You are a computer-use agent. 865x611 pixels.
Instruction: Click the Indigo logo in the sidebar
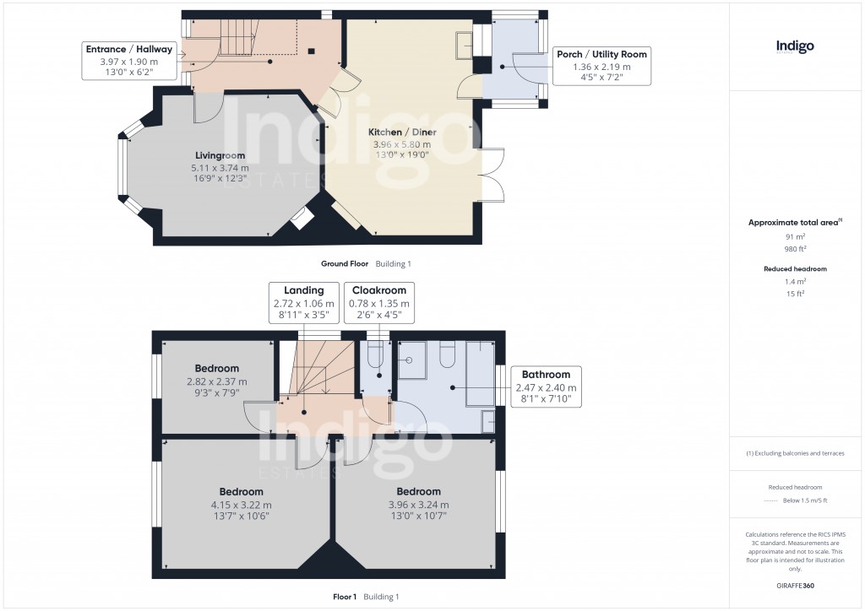pyautogui.click(x=795, y=47)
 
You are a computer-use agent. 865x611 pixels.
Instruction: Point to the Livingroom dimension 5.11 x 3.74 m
pyautogui.click(x=220, y=169)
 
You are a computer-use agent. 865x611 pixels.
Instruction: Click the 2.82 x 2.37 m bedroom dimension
pyautogui.click(x=216, y=381)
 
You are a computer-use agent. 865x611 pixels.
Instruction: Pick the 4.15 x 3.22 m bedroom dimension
pyautogui.click(x=241, y=505)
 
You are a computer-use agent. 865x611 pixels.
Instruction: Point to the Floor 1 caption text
pyautogui.click(x=345, y=597)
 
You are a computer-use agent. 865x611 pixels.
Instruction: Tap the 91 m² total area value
pyautogui.click(x=794, y=237)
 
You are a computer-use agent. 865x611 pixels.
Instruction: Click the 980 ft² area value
pyautogui.click(x=794, y=249)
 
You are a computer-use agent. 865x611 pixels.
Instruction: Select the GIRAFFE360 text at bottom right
pyautogui.click(x=795, y=585)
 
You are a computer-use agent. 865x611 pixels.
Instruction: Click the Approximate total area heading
pyautogui.click(x=792, y=222)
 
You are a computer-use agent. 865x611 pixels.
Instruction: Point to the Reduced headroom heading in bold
pyautogui.click(x=794, y=268)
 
